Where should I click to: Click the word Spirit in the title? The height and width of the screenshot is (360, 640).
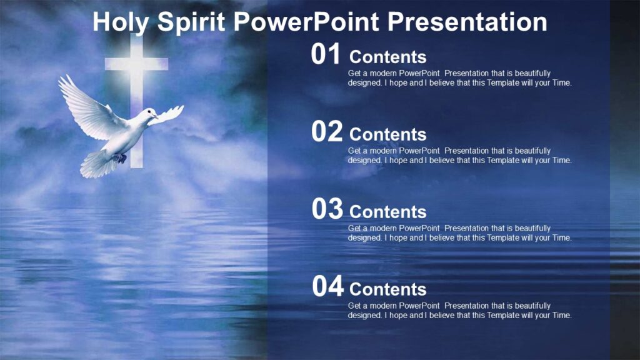click(192, 22)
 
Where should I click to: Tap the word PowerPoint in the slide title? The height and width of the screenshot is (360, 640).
click(307, 22)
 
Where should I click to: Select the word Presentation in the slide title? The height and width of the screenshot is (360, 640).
click(467, 22)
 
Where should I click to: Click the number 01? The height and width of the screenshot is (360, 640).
click(326, 55)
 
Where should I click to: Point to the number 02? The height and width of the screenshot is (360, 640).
click(327, 132)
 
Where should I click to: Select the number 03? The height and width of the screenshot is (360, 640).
click(327, 210)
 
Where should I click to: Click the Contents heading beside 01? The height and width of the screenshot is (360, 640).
click(387, 57)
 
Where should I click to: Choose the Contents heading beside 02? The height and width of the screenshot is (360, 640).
click(387, 134)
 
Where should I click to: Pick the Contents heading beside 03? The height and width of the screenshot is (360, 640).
click(387, 212)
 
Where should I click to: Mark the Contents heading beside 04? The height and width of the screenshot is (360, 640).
click(387, 289)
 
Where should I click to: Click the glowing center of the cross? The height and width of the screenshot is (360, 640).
click(136, 63)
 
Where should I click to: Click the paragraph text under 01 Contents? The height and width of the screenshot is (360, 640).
click(459, 78)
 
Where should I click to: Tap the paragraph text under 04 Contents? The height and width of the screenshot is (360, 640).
click(459, 311)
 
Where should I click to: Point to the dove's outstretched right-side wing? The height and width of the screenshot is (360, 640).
click(168, 114)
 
